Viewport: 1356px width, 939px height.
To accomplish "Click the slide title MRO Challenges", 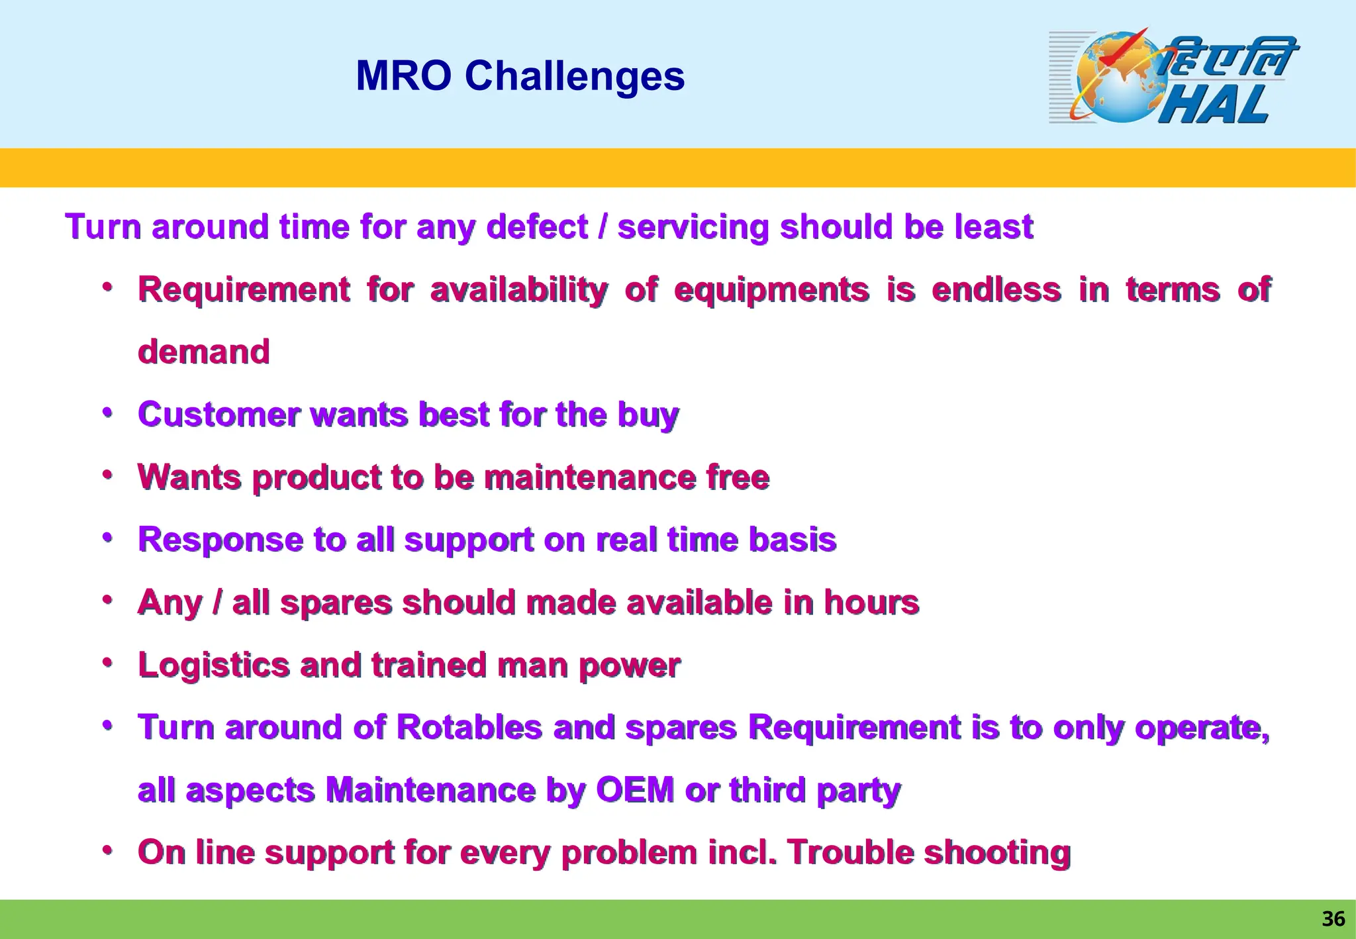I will click(x=520, y=75).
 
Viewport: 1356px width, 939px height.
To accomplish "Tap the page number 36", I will click(x=1333, y=918).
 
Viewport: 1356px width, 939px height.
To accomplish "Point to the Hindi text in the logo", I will click(x=1228, y=56).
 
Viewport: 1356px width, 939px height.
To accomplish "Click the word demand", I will click(x=204, y=352).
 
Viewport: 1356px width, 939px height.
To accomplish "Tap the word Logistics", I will click(x=213, y=665).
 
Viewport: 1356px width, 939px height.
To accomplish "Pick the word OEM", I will click(x=634, y=790).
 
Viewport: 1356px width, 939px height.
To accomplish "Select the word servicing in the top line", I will click(x=693, y=227).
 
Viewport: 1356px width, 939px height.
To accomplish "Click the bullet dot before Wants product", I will click(x=107, y=475).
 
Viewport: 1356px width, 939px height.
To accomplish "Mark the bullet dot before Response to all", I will click(x=107, y=537).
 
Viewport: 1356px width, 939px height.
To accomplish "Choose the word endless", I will click(x=996, y=289).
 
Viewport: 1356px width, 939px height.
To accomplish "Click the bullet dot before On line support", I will click(x=107, y=850).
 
